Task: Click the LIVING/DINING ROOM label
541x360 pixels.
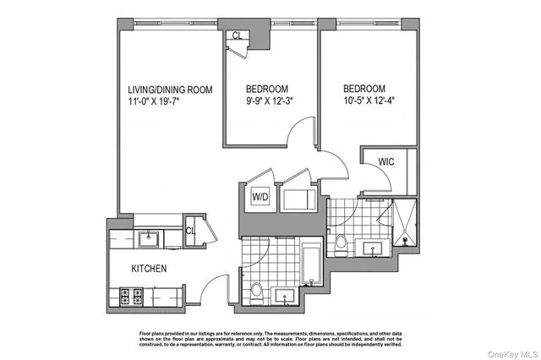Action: pyautogui.click(x=169, y=90)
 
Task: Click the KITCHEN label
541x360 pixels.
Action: pyautogui.click(x=148, y=269)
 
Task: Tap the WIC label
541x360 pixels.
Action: pyautogui.click(x=387, y=161)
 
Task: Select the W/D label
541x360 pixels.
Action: pyautogui.click(x=260, y=198)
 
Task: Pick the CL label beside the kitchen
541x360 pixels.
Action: pyautogui.click(x=190, y=230)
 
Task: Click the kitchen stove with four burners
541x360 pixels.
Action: pyautogui.click(x=131, y=297)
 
